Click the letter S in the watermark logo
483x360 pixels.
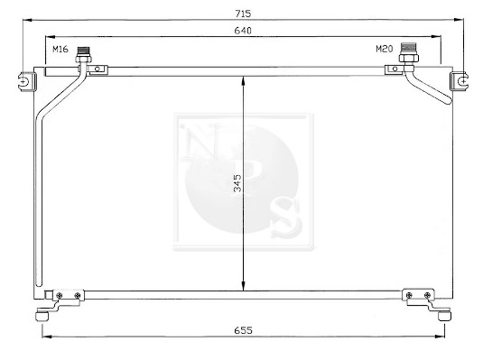coord(283,214)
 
